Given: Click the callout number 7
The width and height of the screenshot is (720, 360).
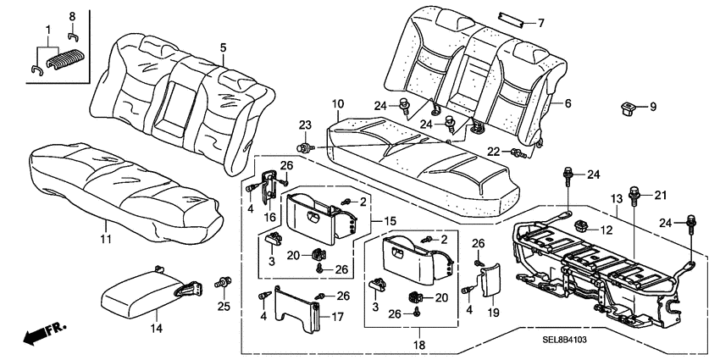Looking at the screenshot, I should click(x=541, y=23).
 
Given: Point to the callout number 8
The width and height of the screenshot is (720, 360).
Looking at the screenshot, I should click(x=71, y=15).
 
